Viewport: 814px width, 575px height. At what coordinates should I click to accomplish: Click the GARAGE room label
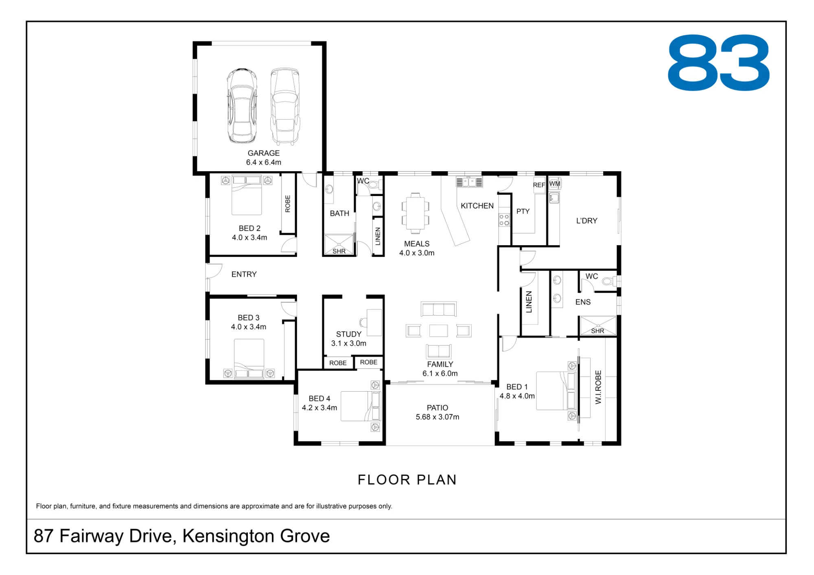[263, 153]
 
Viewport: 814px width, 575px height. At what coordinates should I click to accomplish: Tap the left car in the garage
[242, 106]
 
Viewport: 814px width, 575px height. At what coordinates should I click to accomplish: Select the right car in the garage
[285, 106]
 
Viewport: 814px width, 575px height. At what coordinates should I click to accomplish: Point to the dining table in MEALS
[415, 213]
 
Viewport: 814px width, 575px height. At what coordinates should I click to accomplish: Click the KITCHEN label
[477, 206]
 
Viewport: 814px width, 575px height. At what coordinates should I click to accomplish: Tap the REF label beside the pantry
[539, 185]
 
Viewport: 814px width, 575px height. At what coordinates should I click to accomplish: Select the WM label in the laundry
[555, 183]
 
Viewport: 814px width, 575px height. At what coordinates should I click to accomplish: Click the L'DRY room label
[586, 221]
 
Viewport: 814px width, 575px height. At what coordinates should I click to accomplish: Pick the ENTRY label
[244, 274]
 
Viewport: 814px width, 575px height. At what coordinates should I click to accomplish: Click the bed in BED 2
[247, 195]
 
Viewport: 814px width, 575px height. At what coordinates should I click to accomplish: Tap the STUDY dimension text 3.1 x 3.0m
[348, 343]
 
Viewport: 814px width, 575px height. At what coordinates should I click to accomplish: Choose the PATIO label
[438, 408]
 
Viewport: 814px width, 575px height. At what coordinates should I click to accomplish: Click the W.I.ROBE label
[598, 387]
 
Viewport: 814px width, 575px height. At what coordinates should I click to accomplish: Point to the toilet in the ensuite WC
[609, 281]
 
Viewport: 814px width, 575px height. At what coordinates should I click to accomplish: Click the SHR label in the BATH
[339, 251]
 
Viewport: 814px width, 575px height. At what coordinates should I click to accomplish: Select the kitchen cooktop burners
[504, 220]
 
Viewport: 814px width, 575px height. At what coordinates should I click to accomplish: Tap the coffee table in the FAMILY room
[438, 331]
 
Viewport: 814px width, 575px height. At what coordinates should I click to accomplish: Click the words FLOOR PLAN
[407, 480]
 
